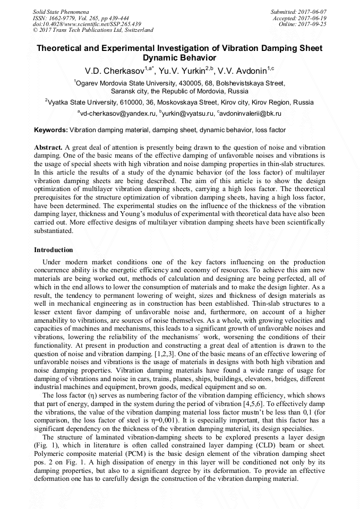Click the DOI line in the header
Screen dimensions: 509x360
click(87, 24)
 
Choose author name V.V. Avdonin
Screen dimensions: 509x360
click(244, 71)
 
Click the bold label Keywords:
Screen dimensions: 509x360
click(51, 130)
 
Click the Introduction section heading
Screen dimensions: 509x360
click(54, 250)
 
